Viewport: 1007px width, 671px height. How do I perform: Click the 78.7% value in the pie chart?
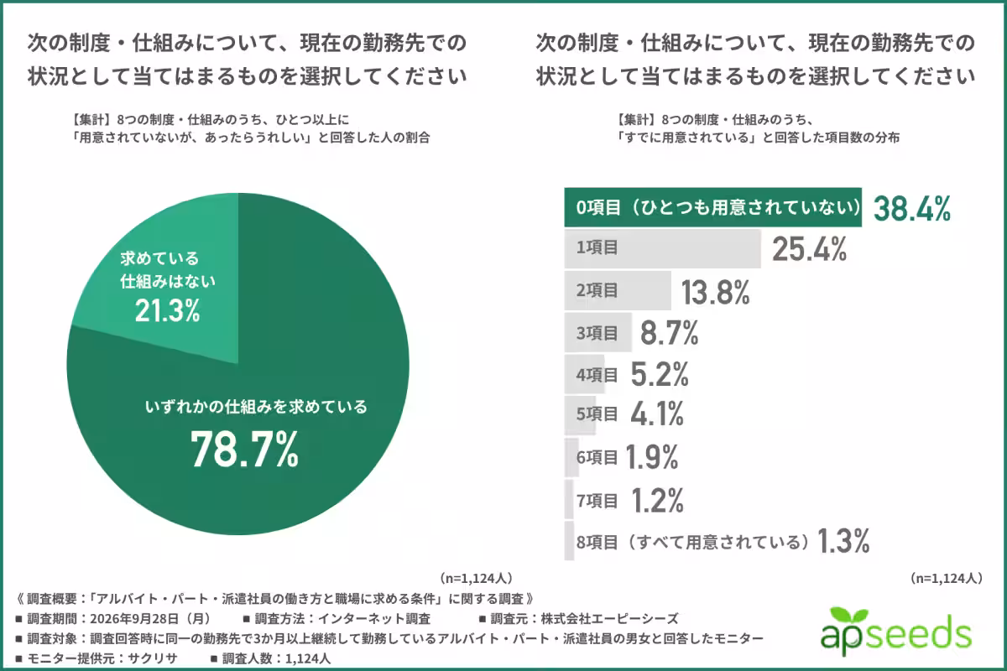click(244, 450)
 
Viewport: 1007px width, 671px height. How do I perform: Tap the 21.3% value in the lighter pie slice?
click(167, 310)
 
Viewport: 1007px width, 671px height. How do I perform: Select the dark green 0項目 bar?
click(713, 207)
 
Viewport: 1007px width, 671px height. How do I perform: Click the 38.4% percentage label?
click(911, 209)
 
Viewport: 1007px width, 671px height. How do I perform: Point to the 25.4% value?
click(809, 249)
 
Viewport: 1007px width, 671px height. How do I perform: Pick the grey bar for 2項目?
click(618, 290)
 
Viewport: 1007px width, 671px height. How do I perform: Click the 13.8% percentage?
click(715, 292)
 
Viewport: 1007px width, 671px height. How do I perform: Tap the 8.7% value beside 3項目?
click(670, 333)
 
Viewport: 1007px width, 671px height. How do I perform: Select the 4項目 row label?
click(597, 375)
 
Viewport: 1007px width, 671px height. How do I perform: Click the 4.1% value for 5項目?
click(657, 414)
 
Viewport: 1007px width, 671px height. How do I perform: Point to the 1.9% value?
click(651, 457)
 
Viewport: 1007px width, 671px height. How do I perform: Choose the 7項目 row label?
click(597, 500)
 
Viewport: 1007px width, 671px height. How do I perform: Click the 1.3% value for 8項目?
click(843, 541)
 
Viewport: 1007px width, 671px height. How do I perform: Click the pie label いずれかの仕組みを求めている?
click(256, 407)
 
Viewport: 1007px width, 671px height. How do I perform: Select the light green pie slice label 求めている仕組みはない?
click(168, 270)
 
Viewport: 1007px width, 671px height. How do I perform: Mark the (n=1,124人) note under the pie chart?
click(476, 578)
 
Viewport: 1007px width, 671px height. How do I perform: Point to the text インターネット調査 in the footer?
click(374, 619)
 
